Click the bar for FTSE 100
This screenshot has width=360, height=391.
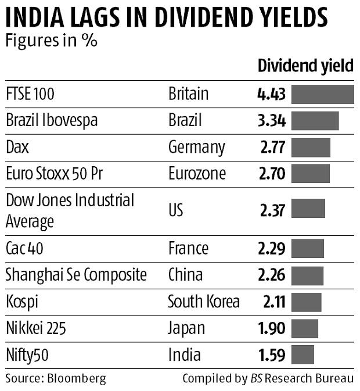click(x=322, y=94)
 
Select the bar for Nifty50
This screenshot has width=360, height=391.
click(x=303, y=354)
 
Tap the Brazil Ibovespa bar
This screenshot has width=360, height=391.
click(x=315, y=121)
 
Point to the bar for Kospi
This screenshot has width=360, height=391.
click(x=306, y=302)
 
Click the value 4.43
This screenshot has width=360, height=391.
click(x=271, y=94)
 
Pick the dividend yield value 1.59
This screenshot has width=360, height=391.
click(x=271, y=354)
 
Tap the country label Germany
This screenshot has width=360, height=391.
click(x=196, y=148)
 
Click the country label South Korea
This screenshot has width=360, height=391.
click(x=203, y=302)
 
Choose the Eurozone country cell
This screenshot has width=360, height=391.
click(x=197, y=174)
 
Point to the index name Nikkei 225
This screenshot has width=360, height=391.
click(x=36, y=328)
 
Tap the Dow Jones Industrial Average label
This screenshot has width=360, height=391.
click(x=70, y=210)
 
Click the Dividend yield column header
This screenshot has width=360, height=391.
click(x=305, y=66)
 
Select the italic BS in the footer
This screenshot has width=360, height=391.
click(x=256, y=379)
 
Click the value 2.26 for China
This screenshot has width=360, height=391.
click(x=271, y=275)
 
